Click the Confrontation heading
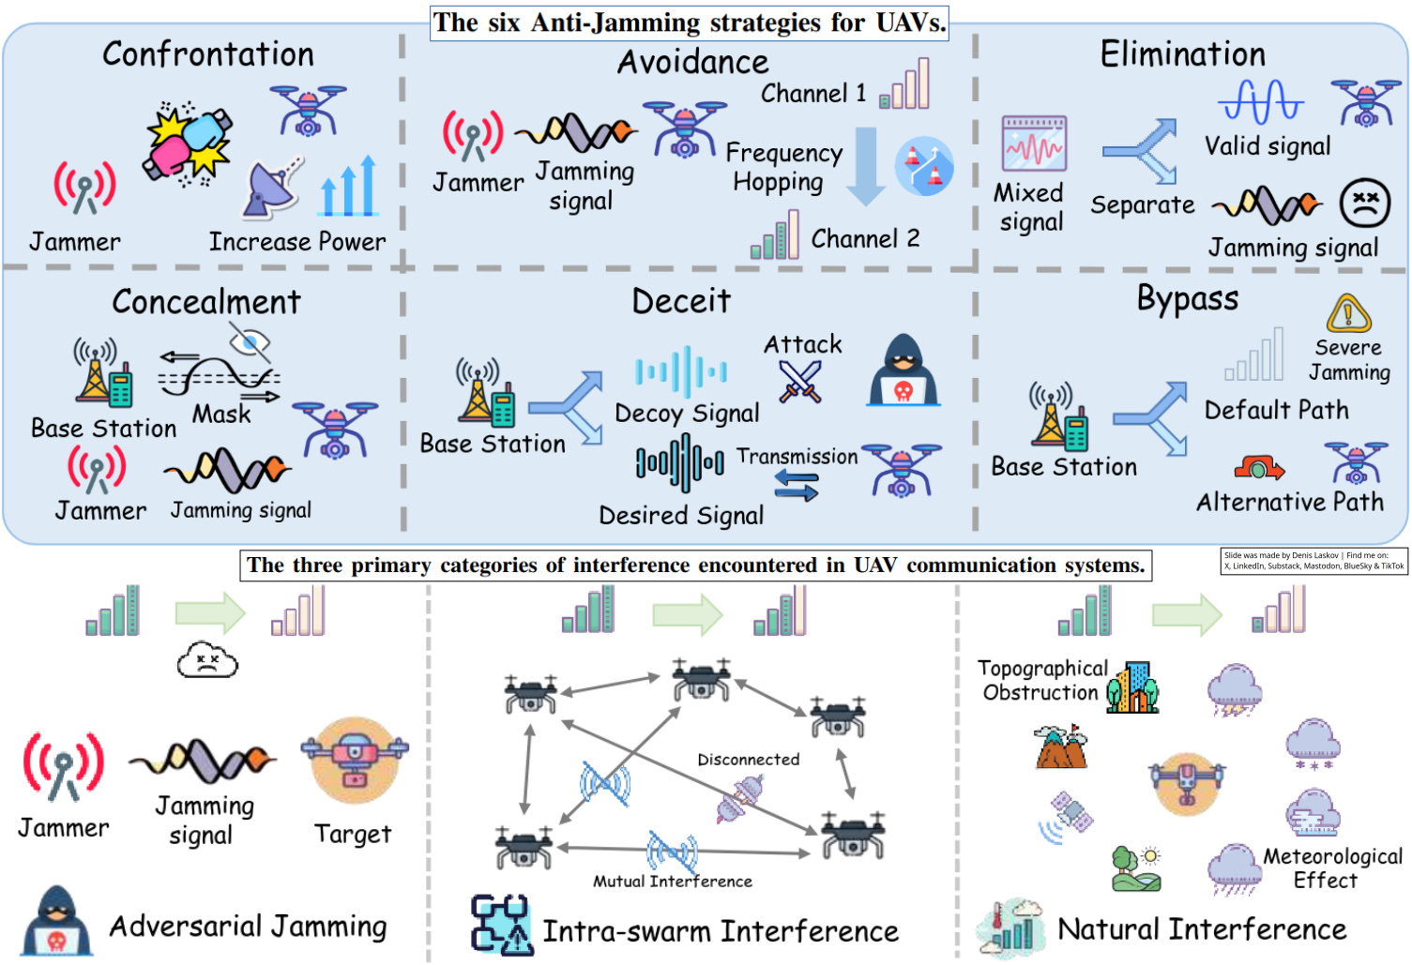[x=208, y=54]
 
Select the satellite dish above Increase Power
[x=273, y=187]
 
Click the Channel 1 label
[x=813, y=94]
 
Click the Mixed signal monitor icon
[x=1034, y=143]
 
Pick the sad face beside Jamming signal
[x=1364, y=204]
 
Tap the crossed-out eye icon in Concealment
[x=250, y=342]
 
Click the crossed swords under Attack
[x=800, y=382]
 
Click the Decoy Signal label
[x=687, y=414]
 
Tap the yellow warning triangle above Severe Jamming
[x=1349, y=314]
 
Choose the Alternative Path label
[x=1290, y=503]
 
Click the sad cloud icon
[x=207, y=661]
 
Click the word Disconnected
[x=748, y=760]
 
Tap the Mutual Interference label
[x=672, y=882]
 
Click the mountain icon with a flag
[x=1061, y=746]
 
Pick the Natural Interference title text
[x=1202, y=929]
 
